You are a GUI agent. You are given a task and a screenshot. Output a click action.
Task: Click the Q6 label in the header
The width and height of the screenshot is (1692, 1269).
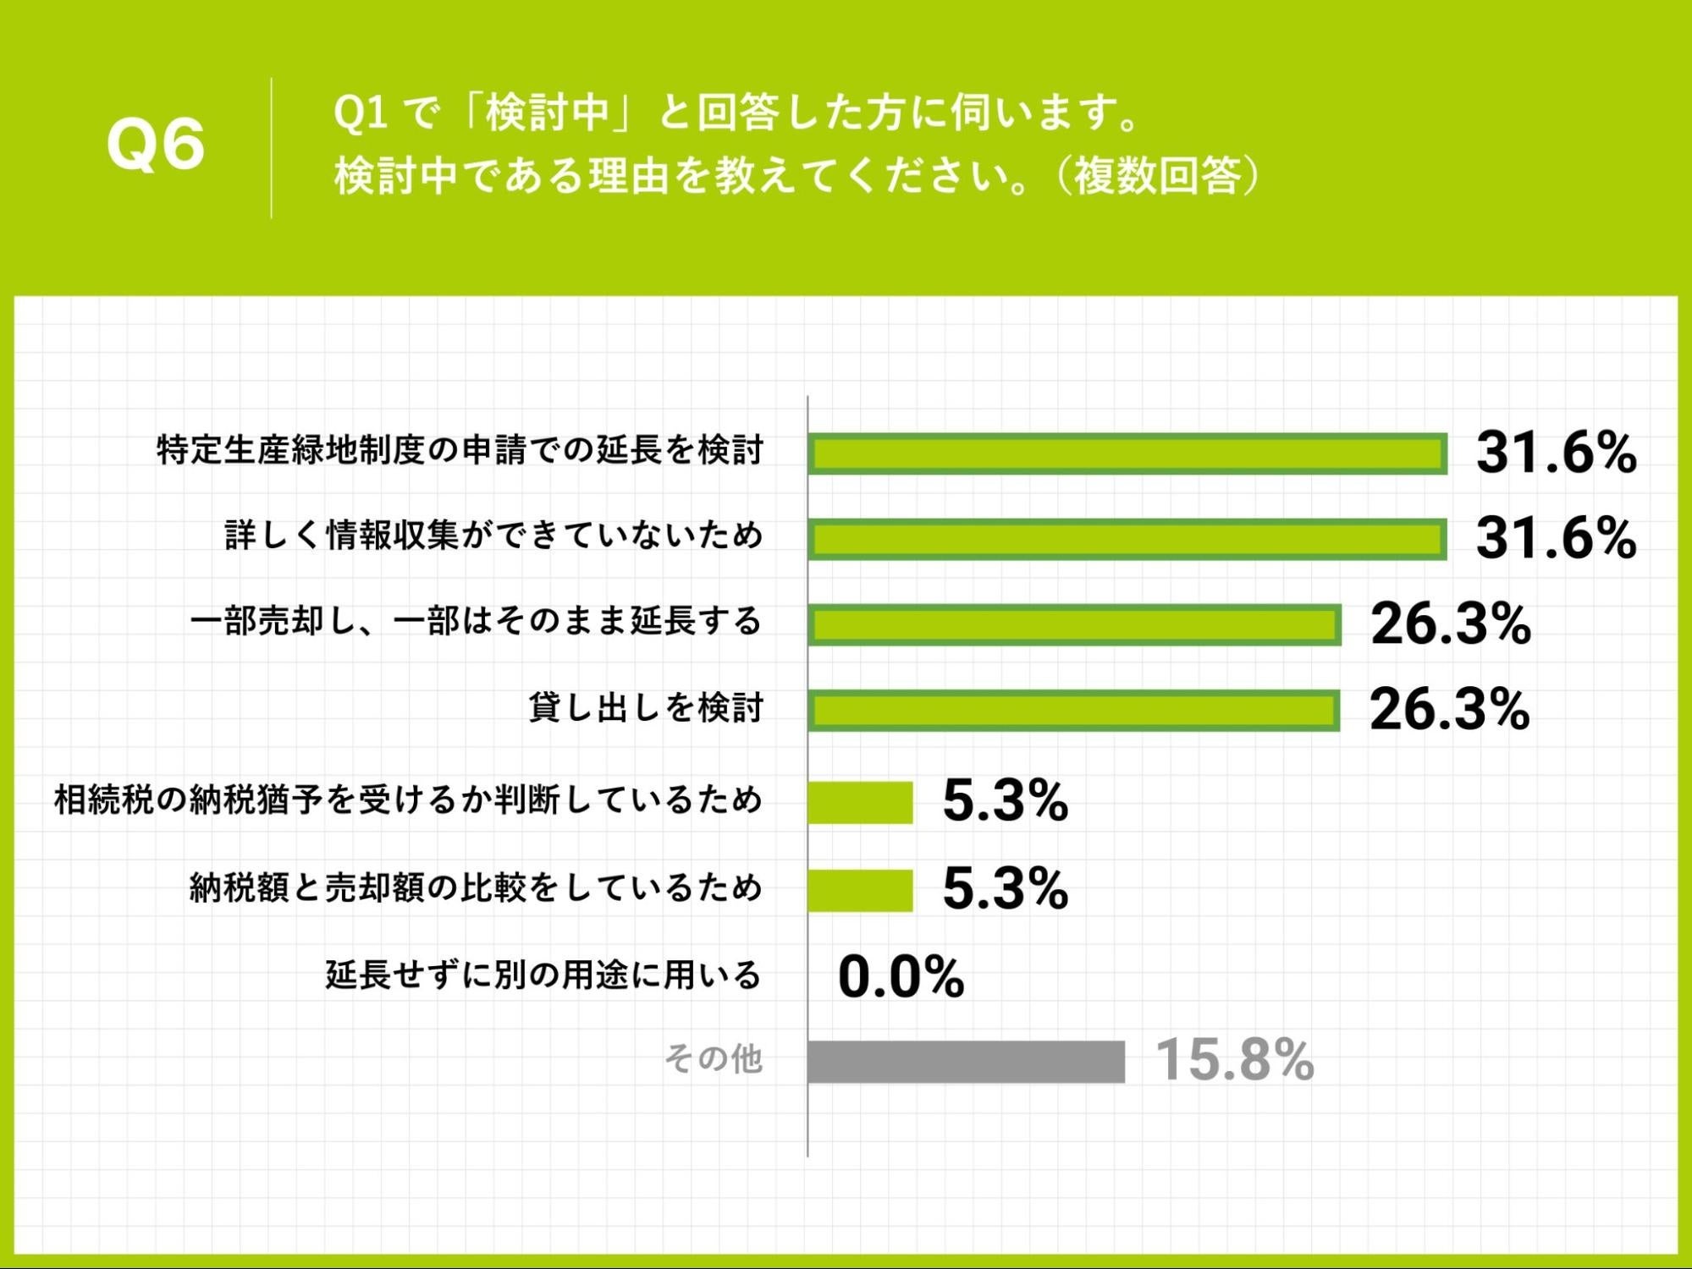[156, 145]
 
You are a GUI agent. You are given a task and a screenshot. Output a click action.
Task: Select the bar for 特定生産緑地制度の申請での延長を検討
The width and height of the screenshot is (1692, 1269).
[1127, 453]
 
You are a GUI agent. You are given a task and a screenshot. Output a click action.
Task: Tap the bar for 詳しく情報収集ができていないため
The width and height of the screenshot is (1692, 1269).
[1127, 540]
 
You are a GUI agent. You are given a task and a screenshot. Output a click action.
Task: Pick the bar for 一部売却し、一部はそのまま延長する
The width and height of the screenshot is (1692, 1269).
[1074, 625]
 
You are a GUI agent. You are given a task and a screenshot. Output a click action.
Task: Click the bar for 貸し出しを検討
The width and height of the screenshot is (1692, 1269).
[1073, 711]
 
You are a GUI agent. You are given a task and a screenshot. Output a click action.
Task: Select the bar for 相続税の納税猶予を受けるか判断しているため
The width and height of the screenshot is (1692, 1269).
[860, 802]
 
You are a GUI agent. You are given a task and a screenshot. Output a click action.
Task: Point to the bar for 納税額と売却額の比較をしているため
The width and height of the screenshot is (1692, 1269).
[860, 890]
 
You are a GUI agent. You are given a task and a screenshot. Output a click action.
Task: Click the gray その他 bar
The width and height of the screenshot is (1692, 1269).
[966, 1062]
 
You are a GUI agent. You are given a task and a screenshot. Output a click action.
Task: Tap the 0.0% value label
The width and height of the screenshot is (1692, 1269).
[901, 977]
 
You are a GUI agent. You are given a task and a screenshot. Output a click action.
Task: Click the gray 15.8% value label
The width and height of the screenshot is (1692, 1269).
[1234, 1060]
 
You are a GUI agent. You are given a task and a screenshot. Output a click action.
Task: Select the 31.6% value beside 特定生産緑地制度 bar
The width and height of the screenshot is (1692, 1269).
[1556, 453]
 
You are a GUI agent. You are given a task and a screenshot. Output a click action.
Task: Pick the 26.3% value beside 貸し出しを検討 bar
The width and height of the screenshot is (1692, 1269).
[1449, 710]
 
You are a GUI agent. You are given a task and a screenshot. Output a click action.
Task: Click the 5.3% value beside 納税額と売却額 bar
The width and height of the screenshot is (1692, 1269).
[1005, 889]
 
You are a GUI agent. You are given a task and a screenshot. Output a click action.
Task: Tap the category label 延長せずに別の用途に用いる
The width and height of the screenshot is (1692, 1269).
[543, 975]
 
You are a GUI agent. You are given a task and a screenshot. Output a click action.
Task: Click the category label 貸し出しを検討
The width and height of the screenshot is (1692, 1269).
[646, 708]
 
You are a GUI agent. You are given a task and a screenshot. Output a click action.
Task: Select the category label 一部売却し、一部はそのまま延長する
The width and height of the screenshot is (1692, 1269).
[477, 623]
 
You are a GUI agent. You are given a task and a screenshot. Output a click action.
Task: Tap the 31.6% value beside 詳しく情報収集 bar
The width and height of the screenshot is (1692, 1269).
[1556, 539]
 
